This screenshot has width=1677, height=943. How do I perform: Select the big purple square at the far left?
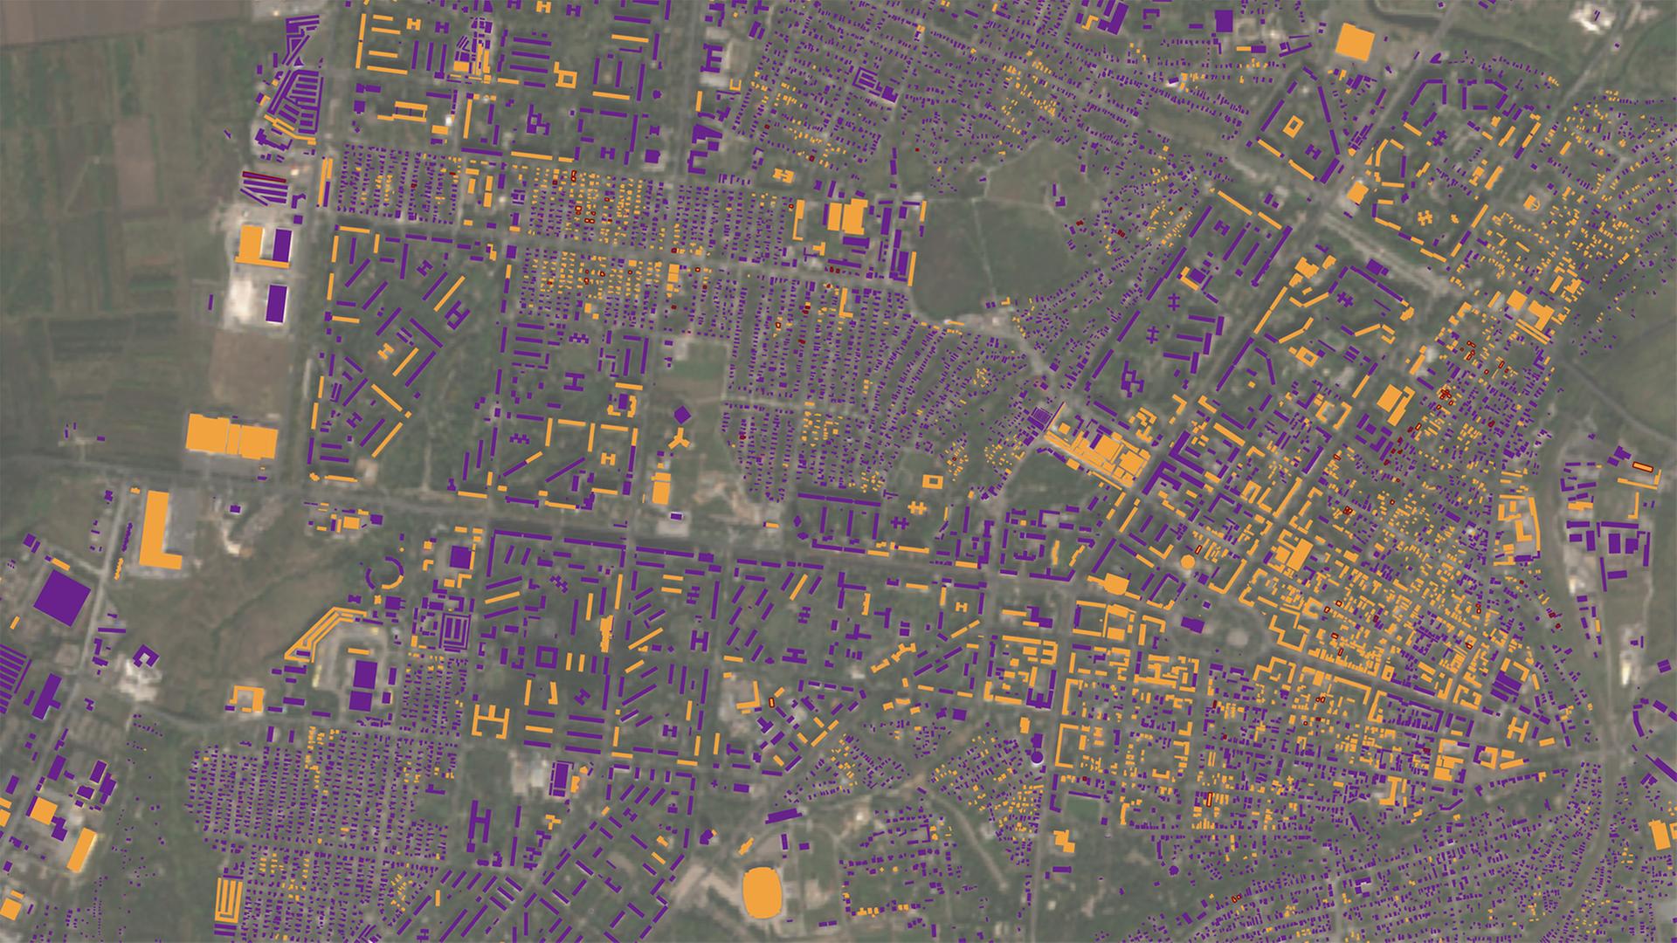click(62, 597)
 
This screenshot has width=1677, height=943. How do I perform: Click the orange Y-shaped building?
click(680, 441)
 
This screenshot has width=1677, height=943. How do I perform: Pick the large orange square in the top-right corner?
click(1353, 41)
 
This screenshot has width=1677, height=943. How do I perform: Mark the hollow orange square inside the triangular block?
click(1291, 127)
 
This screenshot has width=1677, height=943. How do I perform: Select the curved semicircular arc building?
click(385, 576)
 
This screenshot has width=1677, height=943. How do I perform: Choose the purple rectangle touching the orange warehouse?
click(279, 244)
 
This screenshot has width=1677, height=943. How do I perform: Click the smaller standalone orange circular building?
click(1187, 563)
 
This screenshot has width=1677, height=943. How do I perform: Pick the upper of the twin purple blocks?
click(364, 674)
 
